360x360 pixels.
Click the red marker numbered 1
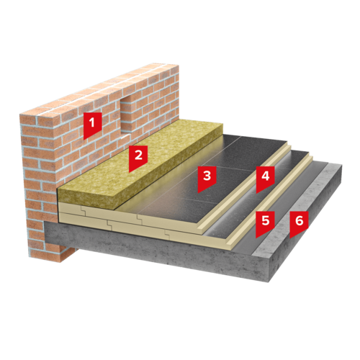click(92, 125)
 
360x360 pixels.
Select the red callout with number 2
click(138, 158)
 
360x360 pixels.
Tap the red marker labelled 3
click(207, 179)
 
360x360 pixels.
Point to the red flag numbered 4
click(265, 179)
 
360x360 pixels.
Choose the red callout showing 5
click(265, 223)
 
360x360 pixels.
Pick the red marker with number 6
click(299, 223)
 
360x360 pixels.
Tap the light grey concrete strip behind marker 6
click(295, 209)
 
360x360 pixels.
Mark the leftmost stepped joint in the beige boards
click(84, 210)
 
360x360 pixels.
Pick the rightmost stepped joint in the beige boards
click(167, 233)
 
